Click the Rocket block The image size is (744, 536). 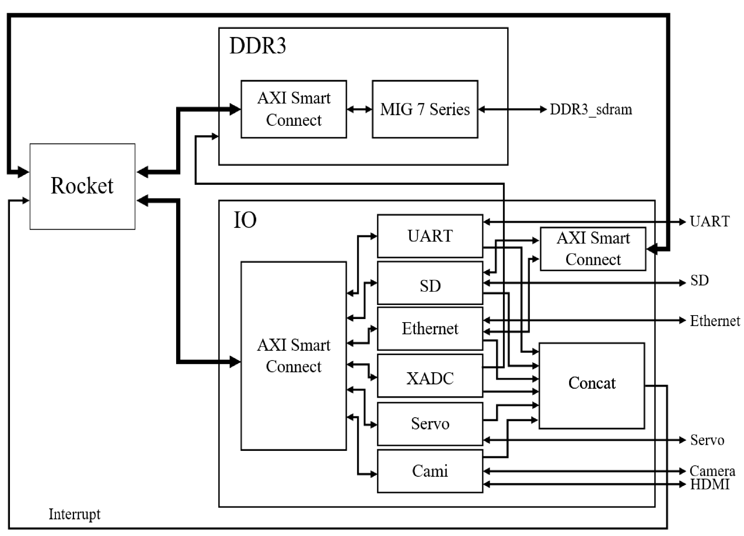point(82,186)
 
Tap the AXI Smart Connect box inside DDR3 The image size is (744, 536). point(293,109)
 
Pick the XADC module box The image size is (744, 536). point(430,378)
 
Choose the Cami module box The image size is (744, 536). point(430,471)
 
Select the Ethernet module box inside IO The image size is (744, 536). point(430,328)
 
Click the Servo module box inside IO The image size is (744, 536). point(430,424)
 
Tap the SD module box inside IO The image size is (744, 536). point(430,286)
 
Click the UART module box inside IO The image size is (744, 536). point(430,236)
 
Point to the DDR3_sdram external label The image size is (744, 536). point(590,109)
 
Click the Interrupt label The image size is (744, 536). point(75,514)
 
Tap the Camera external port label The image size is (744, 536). point(712,471)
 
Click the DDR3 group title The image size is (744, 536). point(257,46)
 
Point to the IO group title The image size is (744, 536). point(245,220)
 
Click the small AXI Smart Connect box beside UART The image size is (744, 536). point(593,249)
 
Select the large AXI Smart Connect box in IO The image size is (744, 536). point(293,356)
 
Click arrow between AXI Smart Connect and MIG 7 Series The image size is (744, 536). point(359,109)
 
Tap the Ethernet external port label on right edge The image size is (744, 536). point(714,321)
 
